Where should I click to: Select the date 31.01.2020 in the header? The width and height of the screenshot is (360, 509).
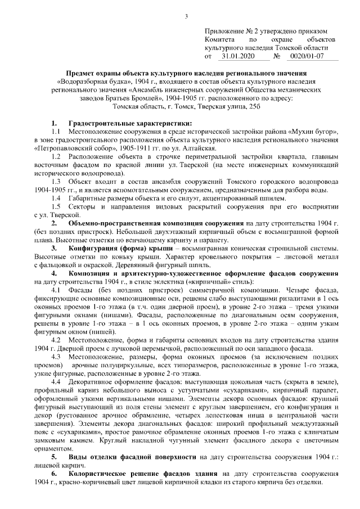(x=238, y=57)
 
